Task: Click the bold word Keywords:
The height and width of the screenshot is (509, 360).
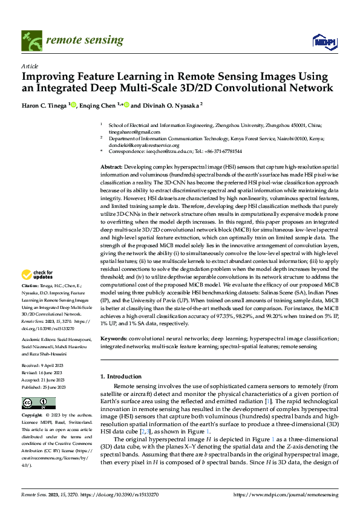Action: (x=114, y=339)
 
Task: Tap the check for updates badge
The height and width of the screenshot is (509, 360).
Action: (x=39, y=275)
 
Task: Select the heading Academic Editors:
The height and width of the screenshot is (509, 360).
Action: (x=40, y=340)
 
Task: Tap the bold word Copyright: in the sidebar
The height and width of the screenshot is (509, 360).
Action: (x=32, y=416)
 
